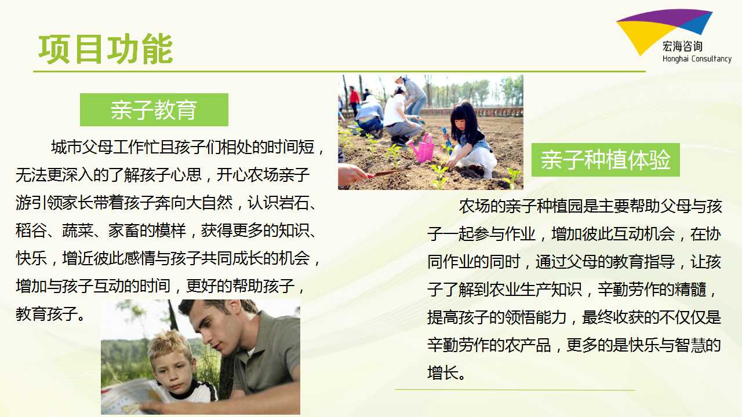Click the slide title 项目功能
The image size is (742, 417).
106,49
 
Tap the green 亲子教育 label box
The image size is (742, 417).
154,109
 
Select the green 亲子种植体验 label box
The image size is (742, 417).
606,160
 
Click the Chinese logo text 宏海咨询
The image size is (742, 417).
682,46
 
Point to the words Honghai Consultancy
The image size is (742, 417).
697,59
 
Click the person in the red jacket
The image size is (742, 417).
354,99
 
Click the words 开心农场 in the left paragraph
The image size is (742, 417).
248,175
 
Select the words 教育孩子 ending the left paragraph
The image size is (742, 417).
47,314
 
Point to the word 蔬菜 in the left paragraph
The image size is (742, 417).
78,231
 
